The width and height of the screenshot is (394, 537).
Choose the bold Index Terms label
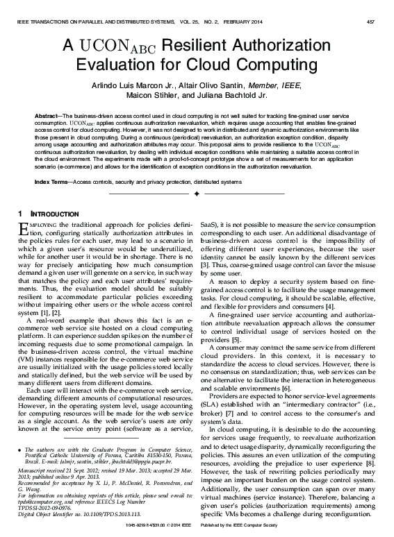pyautogui.click(x=51, y=181)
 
